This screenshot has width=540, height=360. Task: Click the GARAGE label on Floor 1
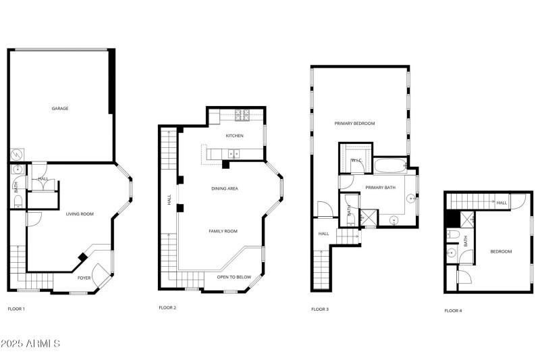pos(60,108)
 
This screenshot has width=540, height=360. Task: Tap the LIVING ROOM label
pos(79,214)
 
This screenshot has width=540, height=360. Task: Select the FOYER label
pos(84,278)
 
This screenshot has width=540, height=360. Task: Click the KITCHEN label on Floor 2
pos(234,136)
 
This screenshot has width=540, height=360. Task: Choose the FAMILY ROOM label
pos(223,231)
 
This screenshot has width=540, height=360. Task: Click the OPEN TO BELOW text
pos(234,277)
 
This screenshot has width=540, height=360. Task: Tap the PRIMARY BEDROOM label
pos(354,124)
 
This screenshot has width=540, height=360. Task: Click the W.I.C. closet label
pos(356,160)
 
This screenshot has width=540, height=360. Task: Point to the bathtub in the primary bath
pos(388,164)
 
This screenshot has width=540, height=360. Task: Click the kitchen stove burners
pos(242,115)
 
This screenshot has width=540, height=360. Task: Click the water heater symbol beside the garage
pos(16,155)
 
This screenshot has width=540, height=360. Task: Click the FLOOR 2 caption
pos(167,308)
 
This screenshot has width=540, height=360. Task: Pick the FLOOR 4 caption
pos(453,311)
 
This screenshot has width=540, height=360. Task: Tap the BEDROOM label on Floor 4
pos(500,251)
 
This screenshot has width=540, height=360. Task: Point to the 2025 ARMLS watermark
pos(31,344)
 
